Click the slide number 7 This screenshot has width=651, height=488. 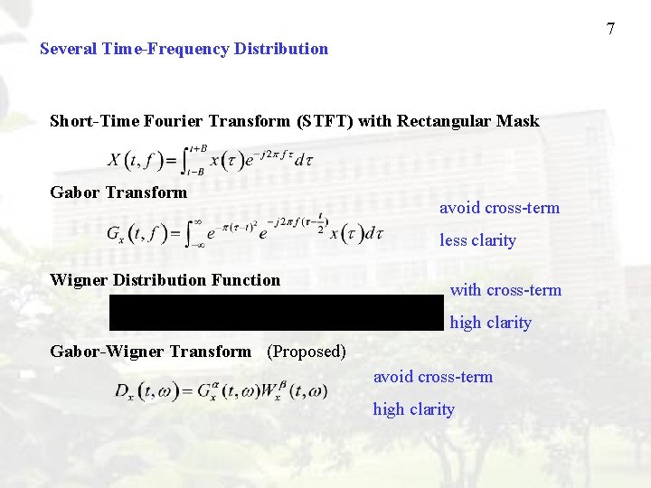click(x=610, y=29)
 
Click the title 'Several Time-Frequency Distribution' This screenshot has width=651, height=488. click(x=184, y=49)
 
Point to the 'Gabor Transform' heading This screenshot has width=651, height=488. click(x=118, y=192)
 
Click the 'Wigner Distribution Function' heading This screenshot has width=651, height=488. click(x=165, y=280)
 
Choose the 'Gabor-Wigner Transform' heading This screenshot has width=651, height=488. click(x=150, y=351)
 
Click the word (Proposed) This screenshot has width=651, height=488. click(x=307, y=351)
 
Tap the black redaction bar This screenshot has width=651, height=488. click(x=277, y=312)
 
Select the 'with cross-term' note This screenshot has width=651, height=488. click(x=505, y=290)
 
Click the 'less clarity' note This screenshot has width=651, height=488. click(x=477, y=240)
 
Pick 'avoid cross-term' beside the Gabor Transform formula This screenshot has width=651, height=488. click(x=499, y=208)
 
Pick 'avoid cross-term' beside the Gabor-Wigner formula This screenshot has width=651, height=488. click(x=433, y=377)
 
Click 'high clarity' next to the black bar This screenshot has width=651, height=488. click(x=490, y=323)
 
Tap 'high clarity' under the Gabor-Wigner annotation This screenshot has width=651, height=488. click(x=413, y=409)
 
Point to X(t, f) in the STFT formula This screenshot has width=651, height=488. click(x=136, y=162)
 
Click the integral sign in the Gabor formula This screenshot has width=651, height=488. click(x=192, y=232)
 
